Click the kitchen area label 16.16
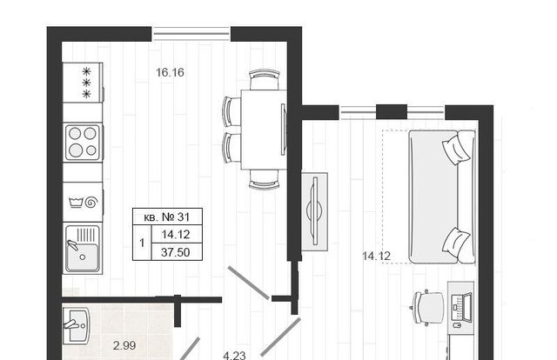coord(171,72)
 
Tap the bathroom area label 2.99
coord(124,345)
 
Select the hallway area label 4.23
coord(234,356)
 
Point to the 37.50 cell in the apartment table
coord(177,252)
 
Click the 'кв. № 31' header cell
coord(167,217)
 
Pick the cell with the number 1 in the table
coord(142,243)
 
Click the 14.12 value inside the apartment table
coord(177,234)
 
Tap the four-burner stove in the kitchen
coord(83,142)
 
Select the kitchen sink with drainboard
coord(83,248)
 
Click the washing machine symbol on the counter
coord(83,203)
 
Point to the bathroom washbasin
coord(76,325)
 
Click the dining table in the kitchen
coord(264,130)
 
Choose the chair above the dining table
coord(265,79)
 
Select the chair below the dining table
coord(265,180)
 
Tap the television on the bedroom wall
coord(315,211)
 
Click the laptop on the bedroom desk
coord(461,308)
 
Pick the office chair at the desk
coord(428,308)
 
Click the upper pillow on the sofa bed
coord(456,149)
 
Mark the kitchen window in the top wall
coord(191,34)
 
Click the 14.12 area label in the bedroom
coord(376,256)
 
